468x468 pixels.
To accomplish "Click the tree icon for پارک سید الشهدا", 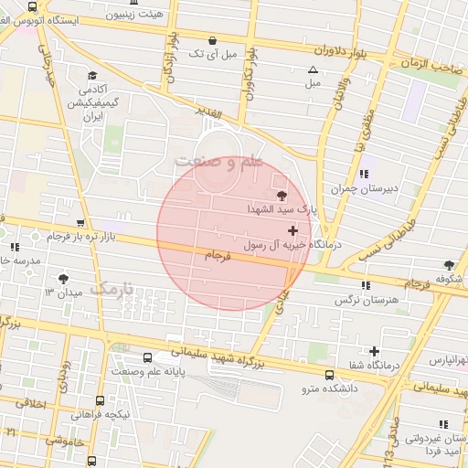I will tap(280, 194).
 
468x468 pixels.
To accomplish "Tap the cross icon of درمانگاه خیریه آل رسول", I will tap(292, 231).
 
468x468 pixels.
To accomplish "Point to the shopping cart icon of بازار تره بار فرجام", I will tap(81, 222).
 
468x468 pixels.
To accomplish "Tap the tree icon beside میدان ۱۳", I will tap(63, 279).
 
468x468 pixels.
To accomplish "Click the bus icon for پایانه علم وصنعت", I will tap(149, 357).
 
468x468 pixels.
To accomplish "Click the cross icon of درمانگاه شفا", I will tap(374, 351).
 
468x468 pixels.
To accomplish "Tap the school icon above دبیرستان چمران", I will tap(365, 173).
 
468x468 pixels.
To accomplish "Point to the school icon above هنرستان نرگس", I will tap(367, 285).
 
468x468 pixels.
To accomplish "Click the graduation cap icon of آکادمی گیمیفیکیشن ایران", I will tap(91, 76).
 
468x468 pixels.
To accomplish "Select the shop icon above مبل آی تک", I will tap(213, 40).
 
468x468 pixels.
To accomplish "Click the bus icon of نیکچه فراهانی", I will tap(100, 399).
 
